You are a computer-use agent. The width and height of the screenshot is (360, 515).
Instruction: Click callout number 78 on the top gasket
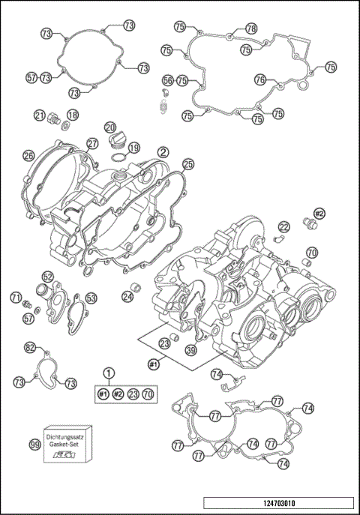(250, 28)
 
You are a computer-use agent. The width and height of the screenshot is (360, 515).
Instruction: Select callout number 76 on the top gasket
(259, 79)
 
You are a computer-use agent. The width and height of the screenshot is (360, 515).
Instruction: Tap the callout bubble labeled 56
(168, 79)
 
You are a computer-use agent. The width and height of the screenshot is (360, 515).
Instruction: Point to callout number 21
(39, 115)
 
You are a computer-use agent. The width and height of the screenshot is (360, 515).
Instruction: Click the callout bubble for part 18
(73, 115)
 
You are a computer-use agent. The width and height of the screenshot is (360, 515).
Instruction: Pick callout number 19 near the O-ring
(133, 148)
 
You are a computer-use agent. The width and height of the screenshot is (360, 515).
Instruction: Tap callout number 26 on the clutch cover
(28, 156)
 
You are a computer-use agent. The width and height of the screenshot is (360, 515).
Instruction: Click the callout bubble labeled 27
(92, 143)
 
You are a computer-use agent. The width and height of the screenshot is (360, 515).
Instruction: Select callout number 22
(283, 227)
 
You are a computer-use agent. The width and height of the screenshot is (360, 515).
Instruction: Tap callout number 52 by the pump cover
(47, 277)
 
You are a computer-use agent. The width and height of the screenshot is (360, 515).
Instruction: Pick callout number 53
(90, 298)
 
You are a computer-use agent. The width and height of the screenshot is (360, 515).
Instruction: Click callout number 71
(16, 298)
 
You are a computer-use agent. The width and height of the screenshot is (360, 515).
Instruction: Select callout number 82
(30, 348)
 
